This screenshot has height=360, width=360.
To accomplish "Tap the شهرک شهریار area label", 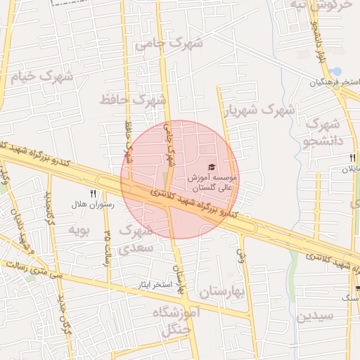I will click(x=259, y=110).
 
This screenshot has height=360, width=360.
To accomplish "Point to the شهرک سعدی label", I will click(x=135, y=239).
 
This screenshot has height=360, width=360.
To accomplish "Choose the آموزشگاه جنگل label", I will click(x=181, y=320).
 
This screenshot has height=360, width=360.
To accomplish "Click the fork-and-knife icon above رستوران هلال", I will click(x=92, y=192).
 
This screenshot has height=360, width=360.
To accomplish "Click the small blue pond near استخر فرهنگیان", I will click(x=336, y=72).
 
